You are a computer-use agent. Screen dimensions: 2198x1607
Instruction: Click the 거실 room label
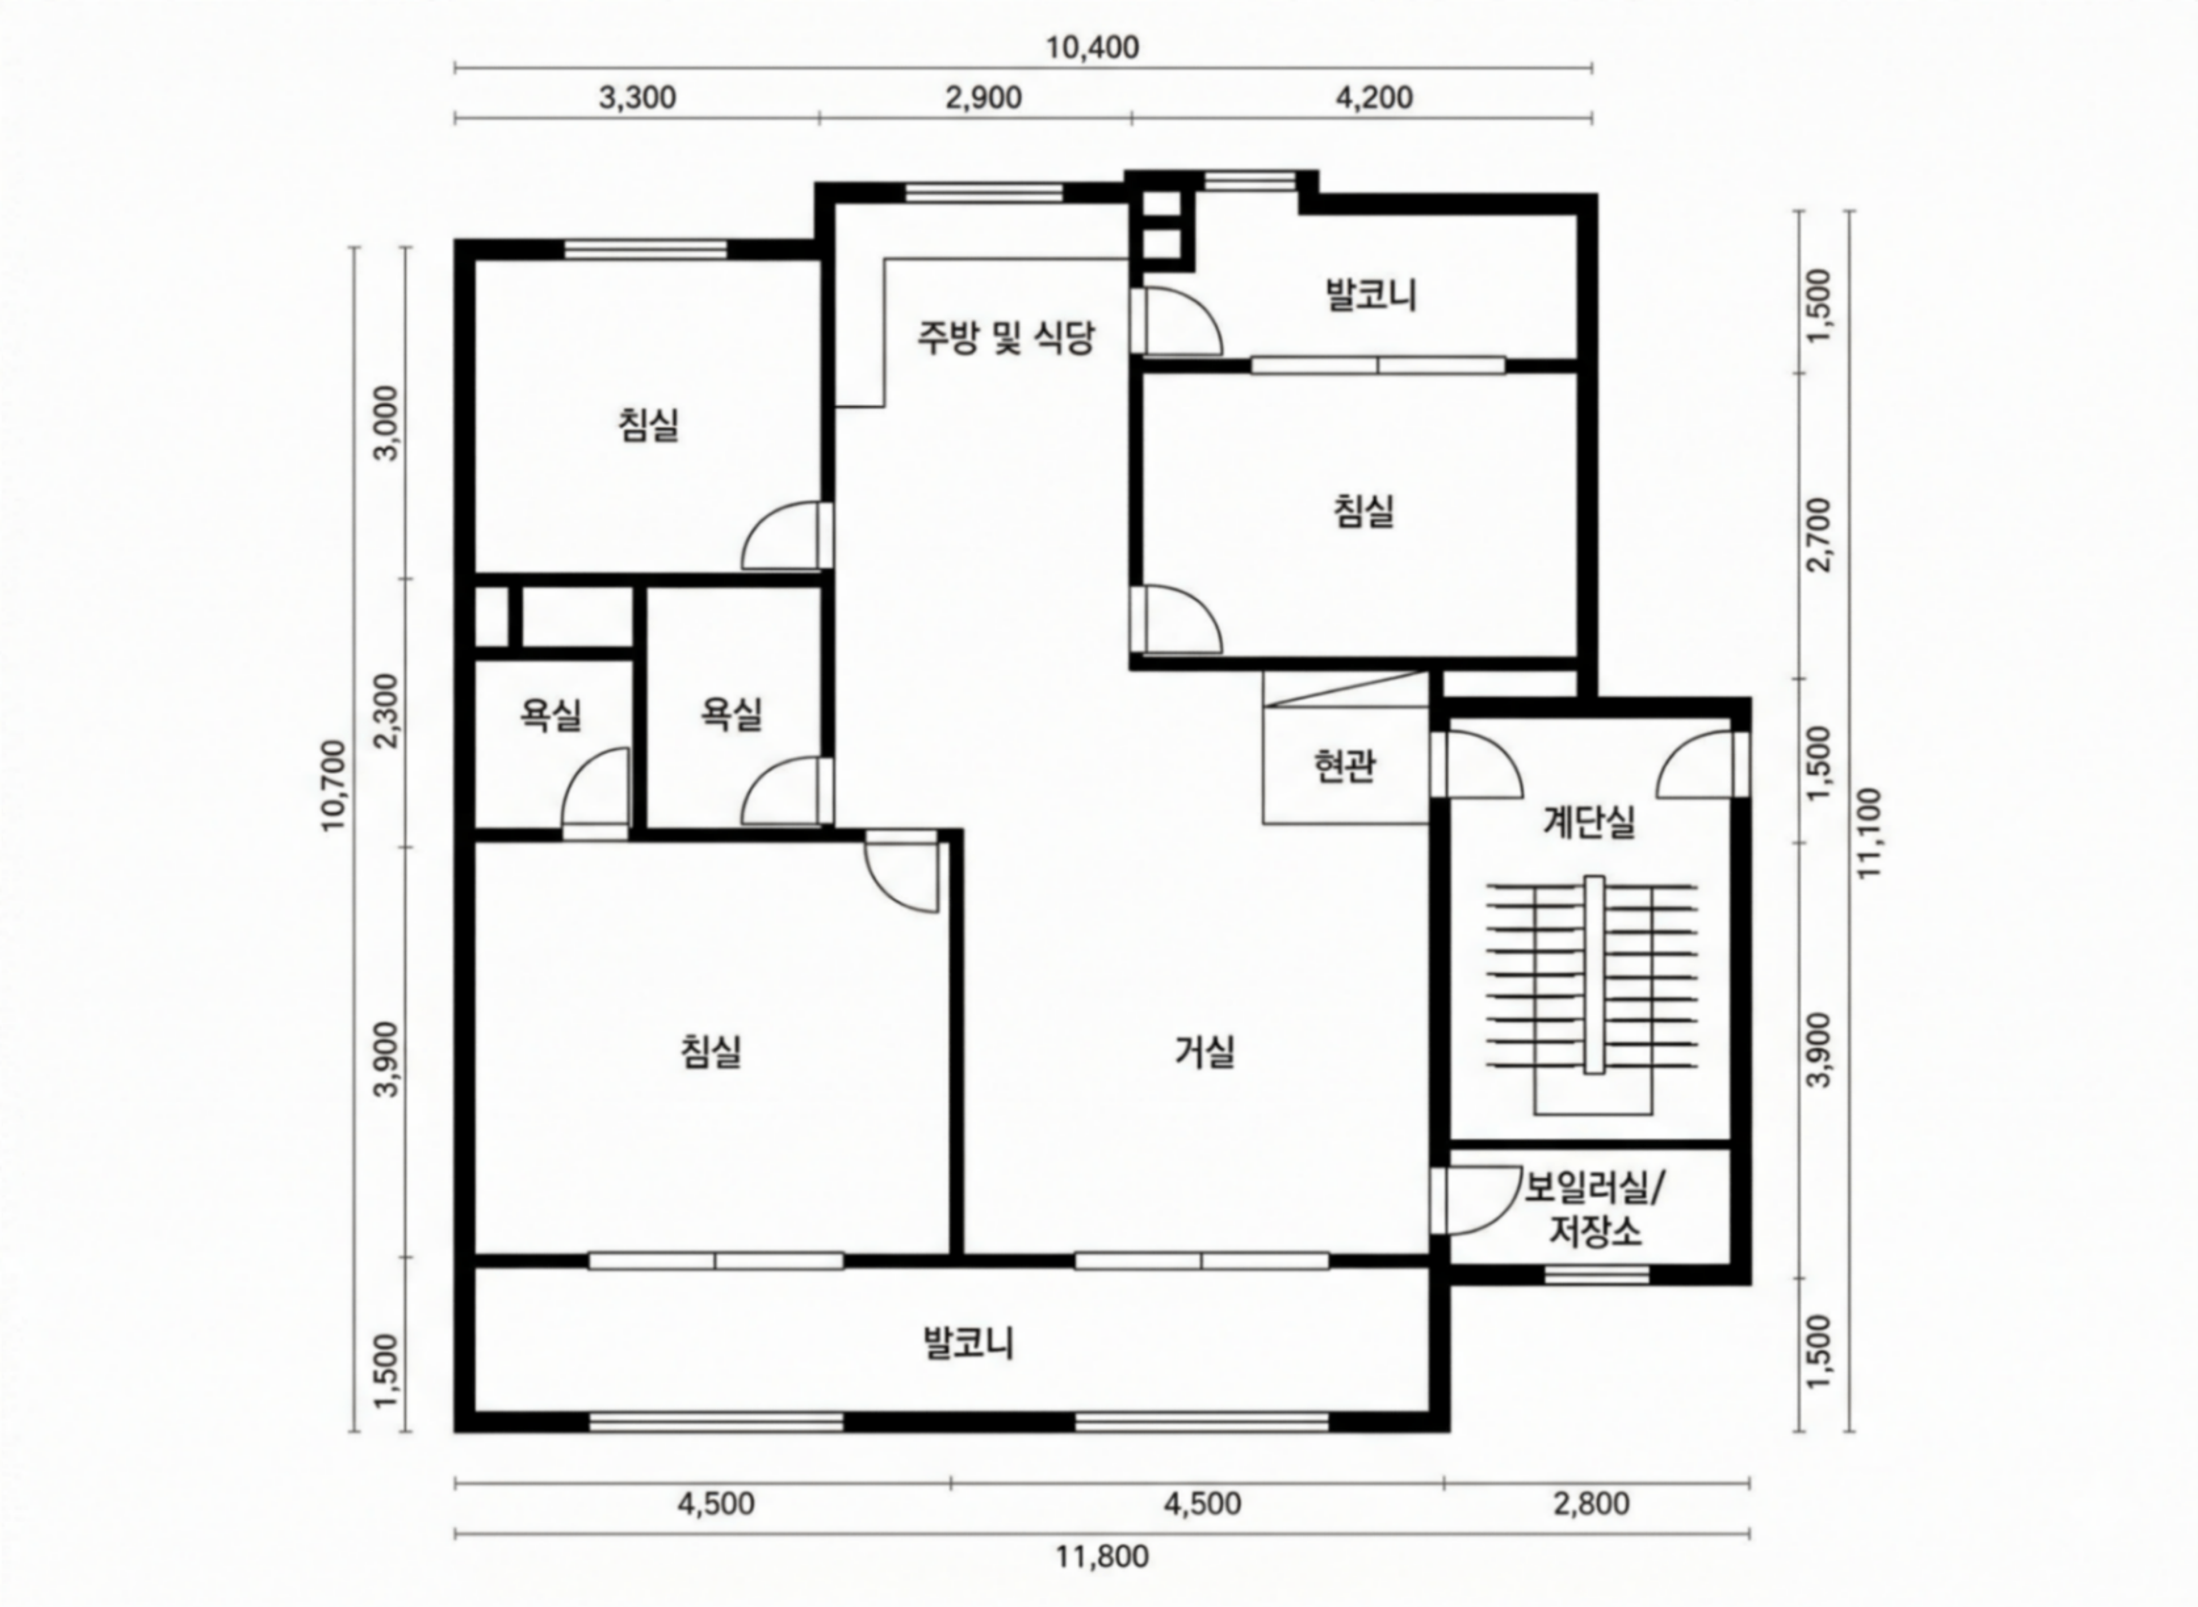(x=1204, y=1051)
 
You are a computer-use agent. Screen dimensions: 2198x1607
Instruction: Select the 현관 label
(x=1345, y=766)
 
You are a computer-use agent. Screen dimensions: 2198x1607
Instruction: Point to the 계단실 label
(x=1589, y=823)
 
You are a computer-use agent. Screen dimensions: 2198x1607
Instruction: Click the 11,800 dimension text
(x=1102, y=1557)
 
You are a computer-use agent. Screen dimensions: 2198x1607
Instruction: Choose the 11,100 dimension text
(x=1869, y=833)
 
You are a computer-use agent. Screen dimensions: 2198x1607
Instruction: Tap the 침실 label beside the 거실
(x=711, y=1051)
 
